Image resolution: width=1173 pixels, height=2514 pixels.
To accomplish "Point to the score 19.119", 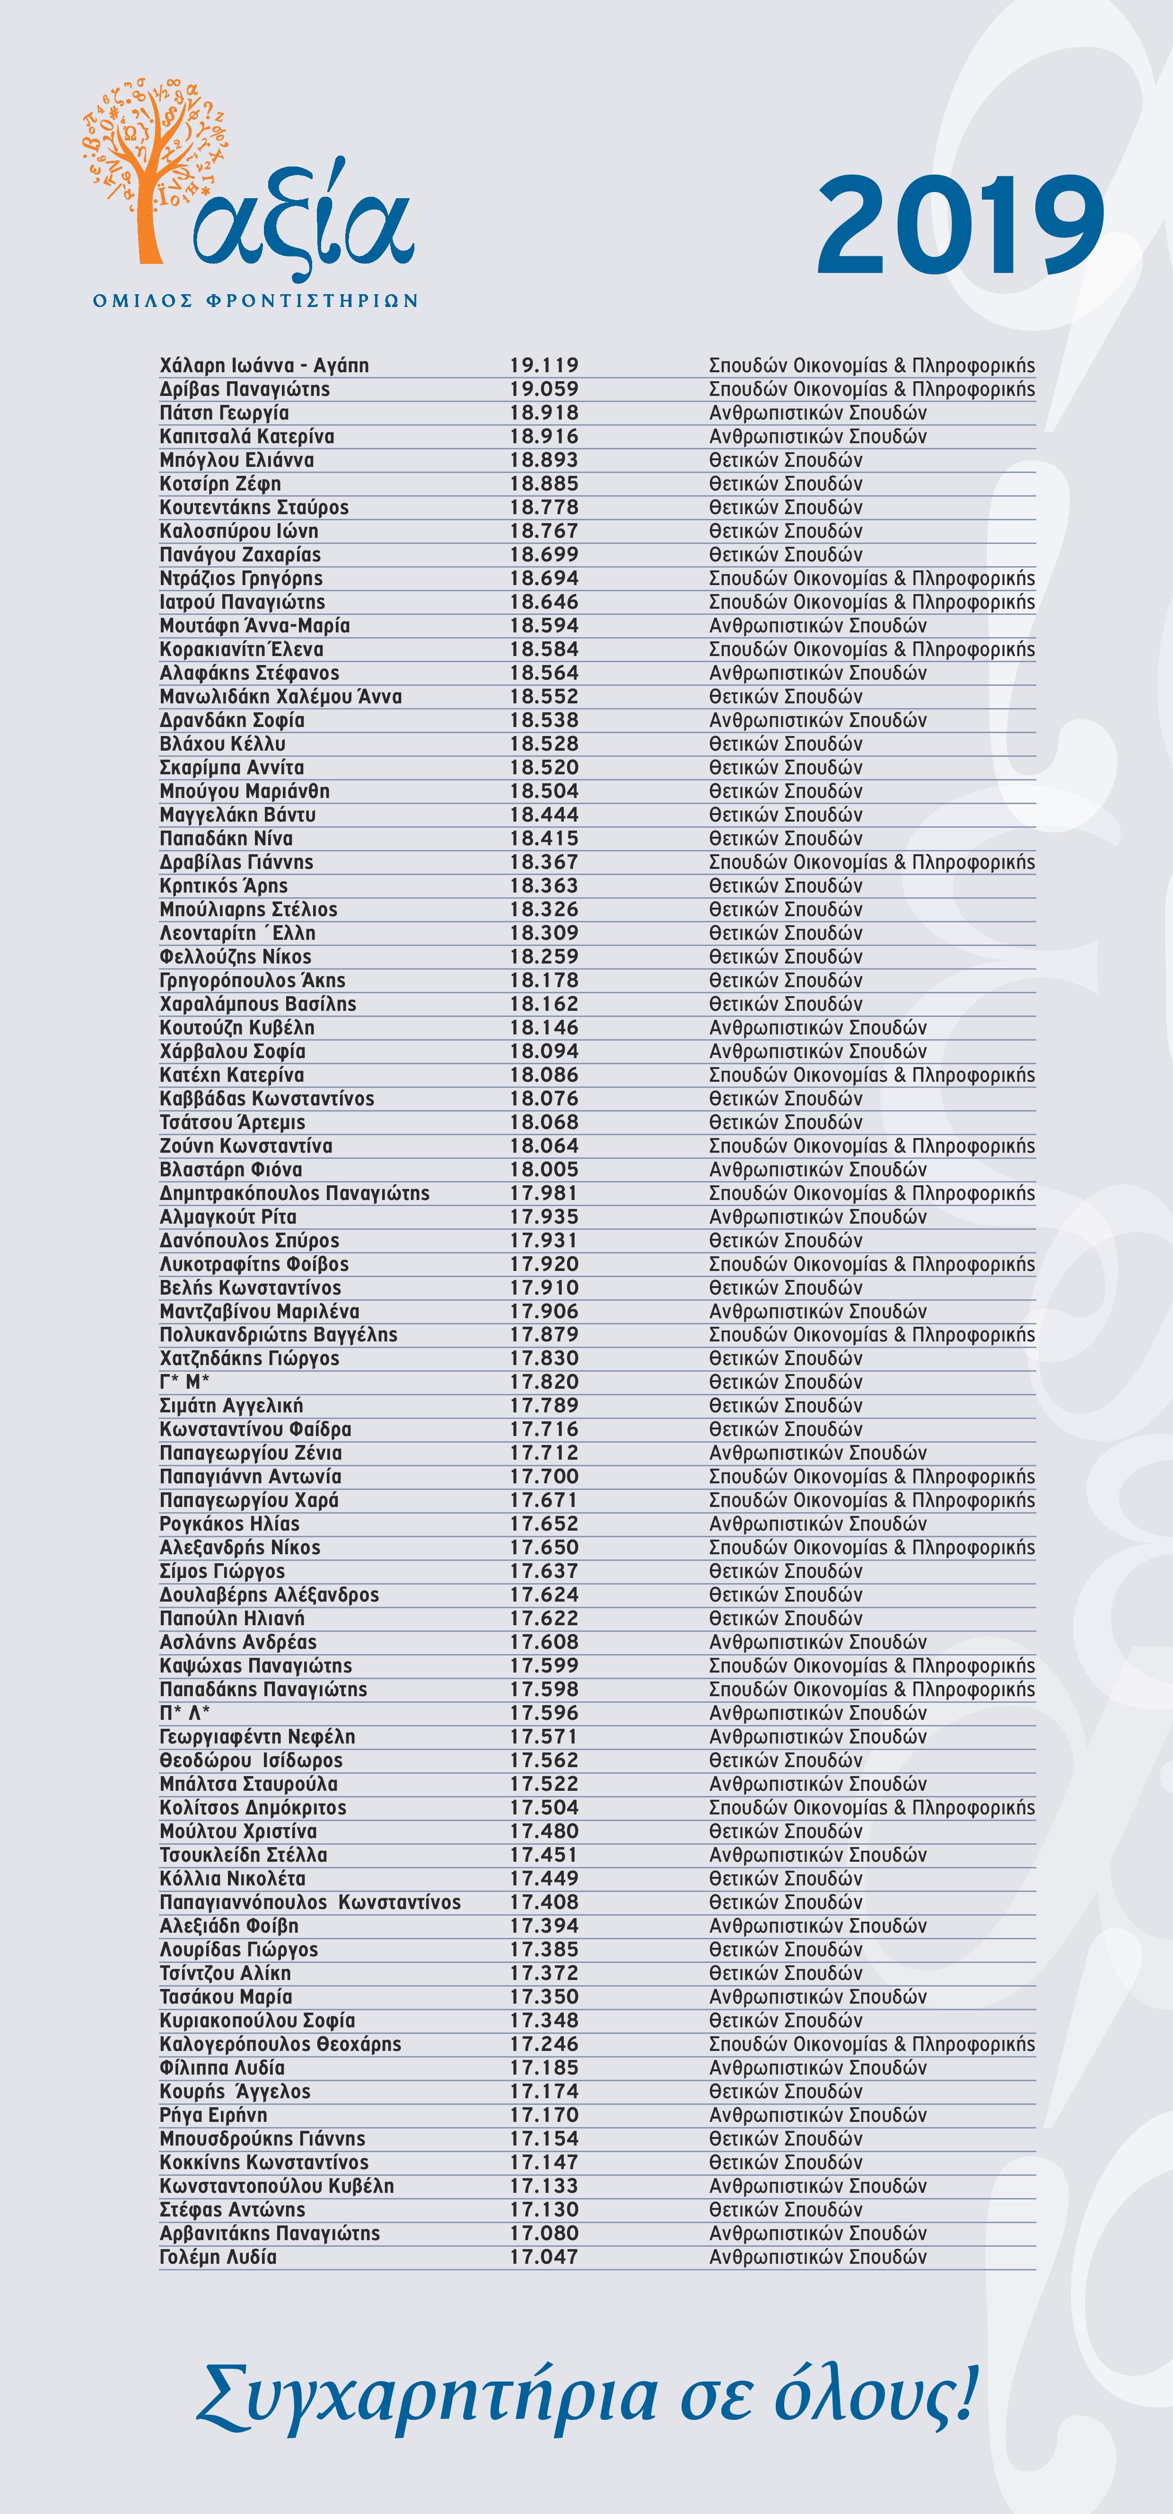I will coord(543,365).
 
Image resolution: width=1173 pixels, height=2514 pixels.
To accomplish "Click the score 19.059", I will coord(543,388).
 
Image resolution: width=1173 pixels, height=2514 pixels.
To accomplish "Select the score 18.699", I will coord(543,554).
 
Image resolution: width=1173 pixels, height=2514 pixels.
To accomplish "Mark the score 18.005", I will coord(543,1169).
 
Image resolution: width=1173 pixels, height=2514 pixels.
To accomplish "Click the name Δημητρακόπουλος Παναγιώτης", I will coord(294,1192).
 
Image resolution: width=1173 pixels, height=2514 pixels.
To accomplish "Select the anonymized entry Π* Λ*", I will coord(184,1713).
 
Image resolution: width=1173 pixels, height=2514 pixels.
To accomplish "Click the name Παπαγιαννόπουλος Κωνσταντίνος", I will coord(309,1902).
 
